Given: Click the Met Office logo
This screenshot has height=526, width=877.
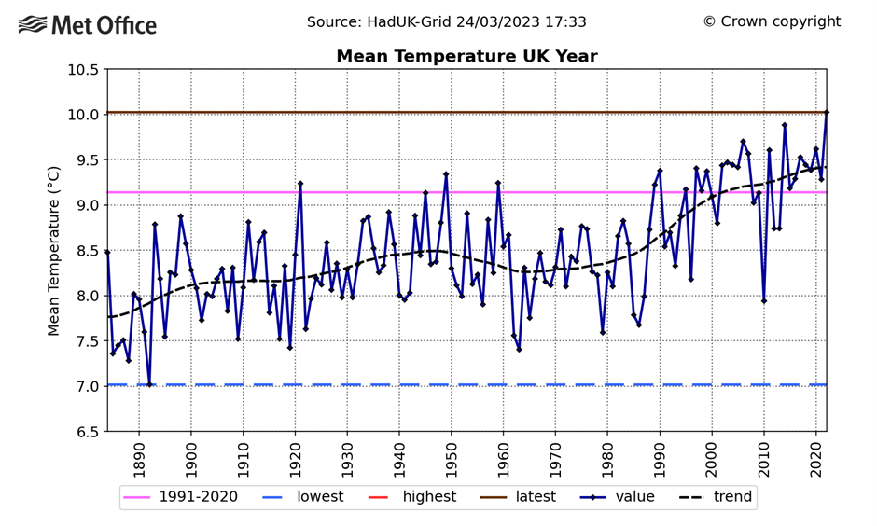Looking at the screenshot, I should pos(88,25).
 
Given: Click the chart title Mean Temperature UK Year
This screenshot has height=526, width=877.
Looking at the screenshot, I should pos(466,57).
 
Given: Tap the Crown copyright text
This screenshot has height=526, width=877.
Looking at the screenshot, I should pos(772,21).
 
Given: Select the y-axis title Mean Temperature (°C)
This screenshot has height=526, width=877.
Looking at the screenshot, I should pos(54,250).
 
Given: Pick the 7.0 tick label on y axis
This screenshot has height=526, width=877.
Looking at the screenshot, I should pos(85,386).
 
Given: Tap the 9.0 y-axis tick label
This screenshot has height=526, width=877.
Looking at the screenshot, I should pos(85,205).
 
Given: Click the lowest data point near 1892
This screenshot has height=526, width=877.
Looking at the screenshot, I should pos(149,384).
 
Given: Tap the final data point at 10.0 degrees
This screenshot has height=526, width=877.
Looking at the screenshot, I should pos(827,113).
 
